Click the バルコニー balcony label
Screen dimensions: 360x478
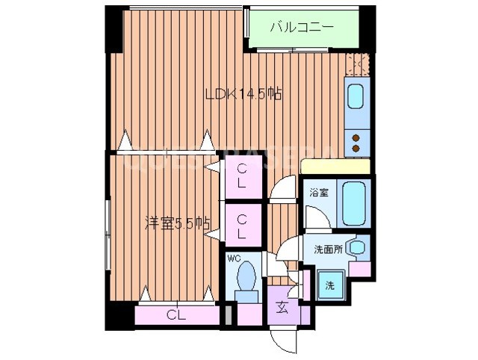point(302,28)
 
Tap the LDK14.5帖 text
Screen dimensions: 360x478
point(243,94)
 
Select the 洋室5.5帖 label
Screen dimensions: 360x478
point(176,222)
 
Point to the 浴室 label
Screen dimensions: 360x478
point(320,193)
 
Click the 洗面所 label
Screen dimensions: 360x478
point(328,249)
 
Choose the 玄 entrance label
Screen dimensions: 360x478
point(283,306)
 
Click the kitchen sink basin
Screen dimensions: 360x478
point(356,98)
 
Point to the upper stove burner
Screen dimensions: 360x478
point(356,137)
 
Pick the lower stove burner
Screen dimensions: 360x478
point(356,149)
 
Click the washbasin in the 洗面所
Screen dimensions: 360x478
point(358,247)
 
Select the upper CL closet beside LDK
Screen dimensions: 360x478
point(242,178)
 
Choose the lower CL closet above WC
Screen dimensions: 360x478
point(242,226)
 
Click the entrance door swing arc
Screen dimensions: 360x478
point(283,340)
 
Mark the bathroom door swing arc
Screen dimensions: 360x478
point(314,220)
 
